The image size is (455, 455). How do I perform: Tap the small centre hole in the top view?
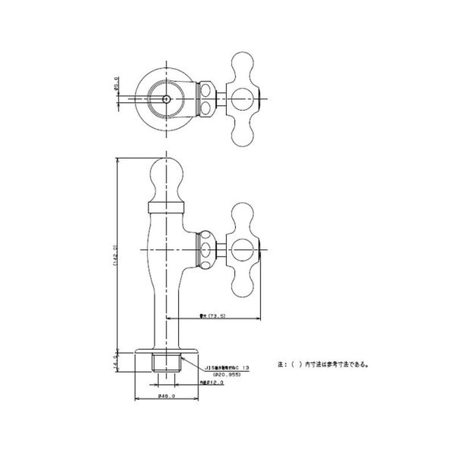coord(166,98)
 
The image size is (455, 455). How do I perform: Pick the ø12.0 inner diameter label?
coord(213,383)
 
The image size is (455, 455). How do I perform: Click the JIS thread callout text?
coord(226,368)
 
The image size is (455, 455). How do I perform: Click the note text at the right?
coord(323,365)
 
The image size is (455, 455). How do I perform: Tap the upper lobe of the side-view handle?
coord(243,213)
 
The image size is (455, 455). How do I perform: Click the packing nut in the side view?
coord(206,249)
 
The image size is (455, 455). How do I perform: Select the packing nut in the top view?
coord(206,98)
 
